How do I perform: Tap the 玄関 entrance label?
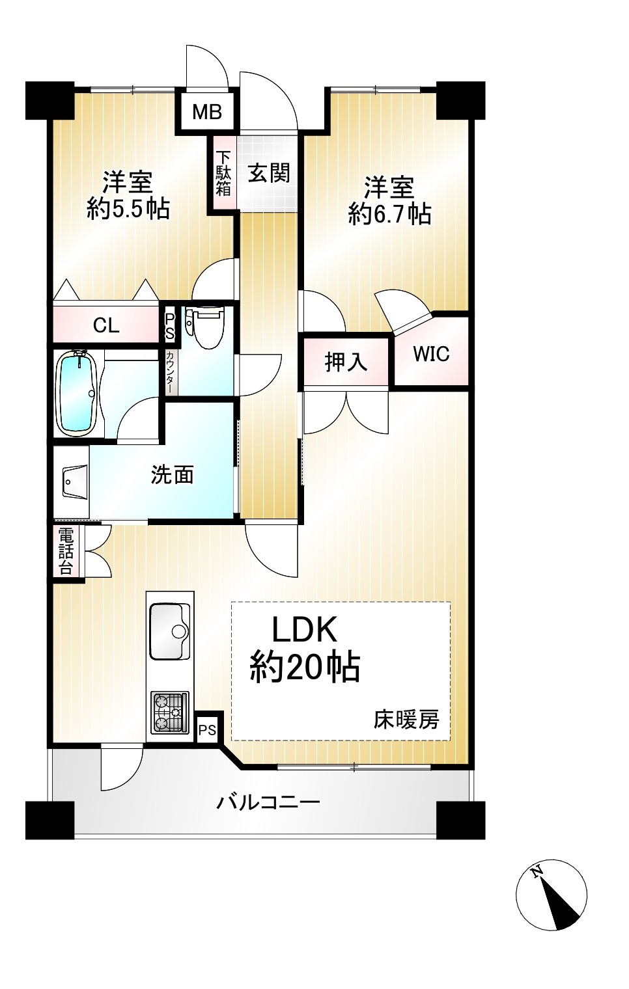[268, 172]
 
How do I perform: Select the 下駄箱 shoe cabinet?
[223, 174]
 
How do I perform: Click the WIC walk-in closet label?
[432, 354]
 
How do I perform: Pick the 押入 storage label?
[346, 362]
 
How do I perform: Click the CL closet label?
[106, 326]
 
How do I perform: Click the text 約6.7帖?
[389, 215]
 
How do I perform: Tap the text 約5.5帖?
[128, 209]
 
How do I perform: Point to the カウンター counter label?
[169, 372]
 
